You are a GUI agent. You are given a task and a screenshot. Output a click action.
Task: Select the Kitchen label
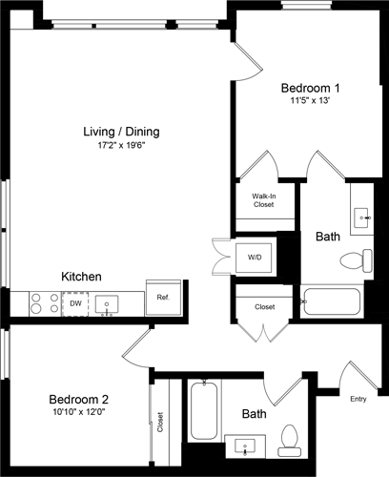click(x=82, y=276)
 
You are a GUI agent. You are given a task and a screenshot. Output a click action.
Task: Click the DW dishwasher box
click(x=75, y=303)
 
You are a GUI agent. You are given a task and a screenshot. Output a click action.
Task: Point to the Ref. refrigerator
click(x=162, y=298)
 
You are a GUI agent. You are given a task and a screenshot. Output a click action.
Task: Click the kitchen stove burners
click(x=44, y=303)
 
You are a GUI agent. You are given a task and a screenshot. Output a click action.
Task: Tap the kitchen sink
click(x=108, y=304)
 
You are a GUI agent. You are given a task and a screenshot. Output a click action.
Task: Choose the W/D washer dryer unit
click(x=255, y=258)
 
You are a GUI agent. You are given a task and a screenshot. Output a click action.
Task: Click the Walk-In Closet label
click(x=264, y=200)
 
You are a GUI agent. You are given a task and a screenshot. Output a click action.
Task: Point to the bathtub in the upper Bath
click(x=330, y=301)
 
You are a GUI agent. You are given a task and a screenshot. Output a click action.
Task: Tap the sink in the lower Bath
click(x=248, y=446)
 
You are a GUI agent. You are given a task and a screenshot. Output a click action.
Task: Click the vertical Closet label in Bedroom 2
click(x=160, y=421)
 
